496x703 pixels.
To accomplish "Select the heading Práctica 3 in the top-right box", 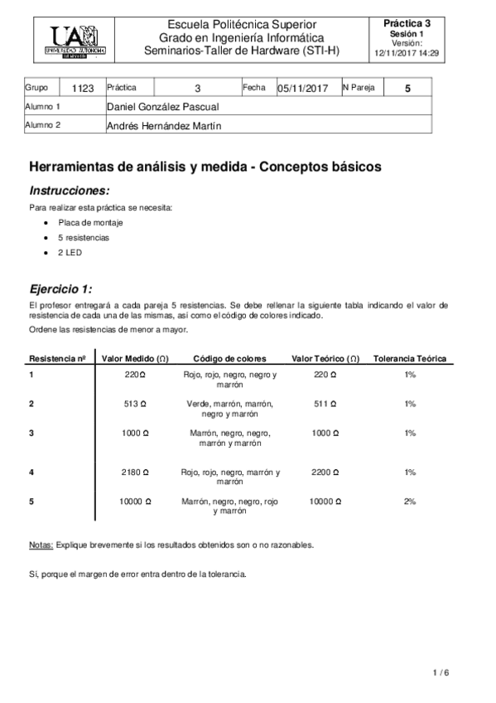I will (407, 23).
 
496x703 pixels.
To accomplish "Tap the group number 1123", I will (84, 87).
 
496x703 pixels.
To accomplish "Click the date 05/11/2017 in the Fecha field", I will (303, 88).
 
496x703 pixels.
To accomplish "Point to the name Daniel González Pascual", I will (163, 107).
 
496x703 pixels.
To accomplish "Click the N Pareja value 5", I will (407, 87).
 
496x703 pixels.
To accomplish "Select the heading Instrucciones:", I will (69, 190).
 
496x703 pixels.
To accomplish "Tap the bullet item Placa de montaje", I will (86, 223).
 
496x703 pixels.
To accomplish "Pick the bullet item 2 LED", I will (70, 251).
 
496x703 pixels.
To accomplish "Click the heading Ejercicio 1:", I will (61, 289).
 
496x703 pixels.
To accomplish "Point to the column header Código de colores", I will (229, 359).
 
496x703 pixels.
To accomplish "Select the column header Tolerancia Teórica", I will (410, 359).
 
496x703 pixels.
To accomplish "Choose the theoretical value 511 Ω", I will (325, 404).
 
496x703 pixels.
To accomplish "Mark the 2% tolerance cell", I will (409, 502).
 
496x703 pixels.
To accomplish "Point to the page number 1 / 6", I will (441, 671).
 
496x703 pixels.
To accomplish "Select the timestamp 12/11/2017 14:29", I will (407, 51).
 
